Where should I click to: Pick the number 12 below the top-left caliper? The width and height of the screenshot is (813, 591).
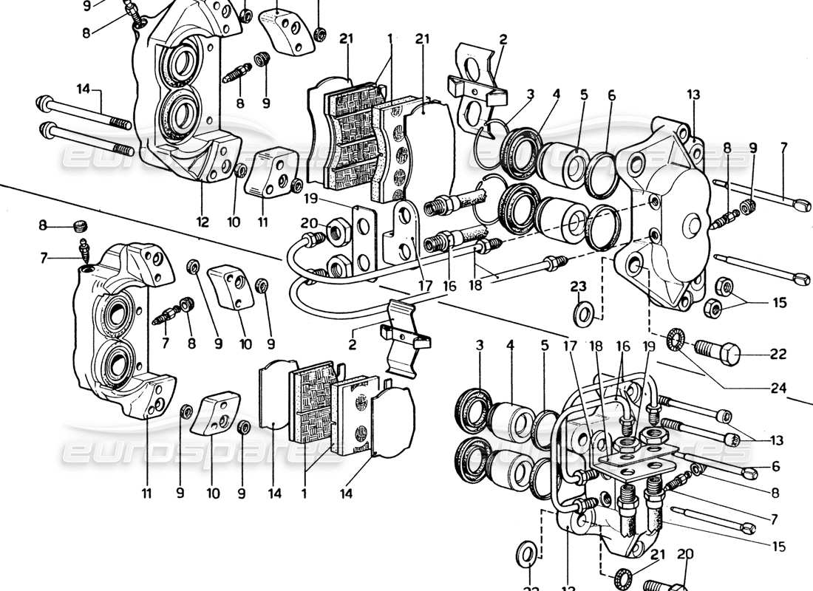(x=203, y=221)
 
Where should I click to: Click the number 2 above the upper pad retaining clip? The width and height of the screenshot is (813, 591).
(x=503, y=38)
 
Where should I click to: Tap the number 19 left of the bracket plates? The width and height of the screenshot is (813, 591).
(x=310, y=199)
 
